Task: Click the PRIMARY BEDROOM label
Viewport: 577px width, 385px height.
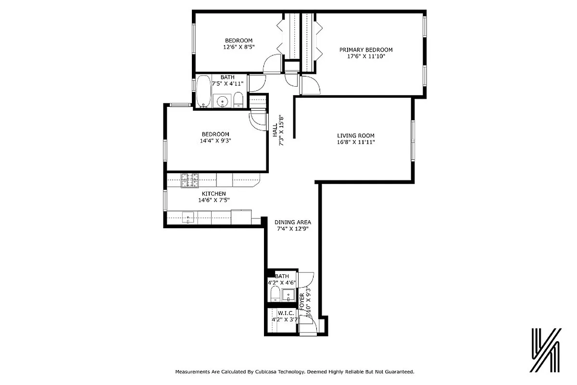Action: point(366,50)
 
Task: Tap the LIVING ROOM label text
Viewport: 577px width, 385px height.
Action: point(355,136)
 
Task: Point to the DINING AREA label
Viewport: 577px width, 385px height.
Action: point(293,222)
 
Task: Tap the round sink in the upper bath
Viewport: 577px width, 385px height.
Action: point(222,102)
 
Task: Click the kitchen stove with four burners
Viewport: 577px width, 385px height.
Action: point(189,180)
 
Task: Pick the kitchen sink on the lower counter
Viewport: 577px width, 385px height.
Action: point(188,218)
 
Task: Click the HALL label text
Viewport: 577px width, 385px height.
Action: point(275,129)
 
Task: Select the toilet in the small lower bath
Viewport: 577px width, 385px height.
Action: point(273,295)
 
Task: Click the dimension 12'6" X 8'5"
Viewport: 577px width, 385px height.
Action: point(238,47)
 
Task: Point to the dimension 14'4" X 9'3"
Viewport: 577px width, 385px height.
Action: point(215,141)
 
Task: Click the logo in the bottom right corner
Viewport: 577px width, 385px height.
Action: point(546,350)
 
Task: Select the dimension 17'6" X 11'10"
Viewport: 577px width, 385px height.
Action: point(366,56)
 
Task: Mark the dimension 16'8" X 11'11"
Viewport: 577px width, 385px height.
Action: point(355,142)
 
